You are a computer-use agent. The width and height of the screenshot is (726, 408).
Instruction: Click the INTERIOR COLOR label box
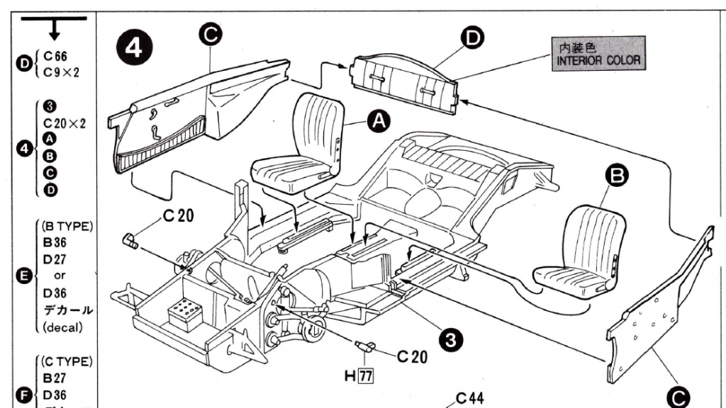coord(598,54)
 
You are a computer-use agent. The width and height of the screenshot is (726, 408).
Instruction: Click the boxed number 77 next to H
coord(366,376)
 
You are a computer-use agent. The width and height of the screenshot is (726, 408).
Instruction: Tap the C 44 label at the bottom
coord(469,398)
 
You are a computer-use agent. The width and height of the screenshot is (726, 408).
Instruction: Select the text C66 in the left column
coord(55,57)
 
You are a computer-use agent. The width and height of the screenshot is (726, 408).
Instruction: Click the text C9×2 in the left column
coord(60,72)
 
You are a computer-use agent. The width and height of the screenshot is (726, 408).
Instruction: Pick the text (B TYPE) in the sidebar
coord(67,227)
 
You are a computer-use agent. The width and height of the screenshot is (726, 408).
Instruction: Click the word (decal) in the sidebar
coord(63,327)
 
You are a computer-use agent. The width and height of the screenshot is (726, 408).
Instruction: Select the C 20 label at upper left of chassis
coord(177,215)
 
